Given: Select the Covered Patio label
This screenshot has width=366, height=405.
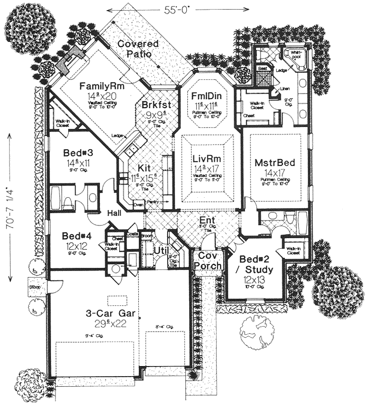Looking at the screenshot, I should tap(138, 49).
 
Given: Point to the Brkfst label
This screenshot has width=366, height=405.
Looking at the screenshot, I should tap(156, 105).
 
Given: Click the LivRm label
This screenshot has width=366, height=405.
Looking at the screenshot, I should tap(207, 160).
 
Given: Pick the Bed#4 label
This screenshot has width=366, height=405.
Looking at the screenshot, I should tap(76, 236).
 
